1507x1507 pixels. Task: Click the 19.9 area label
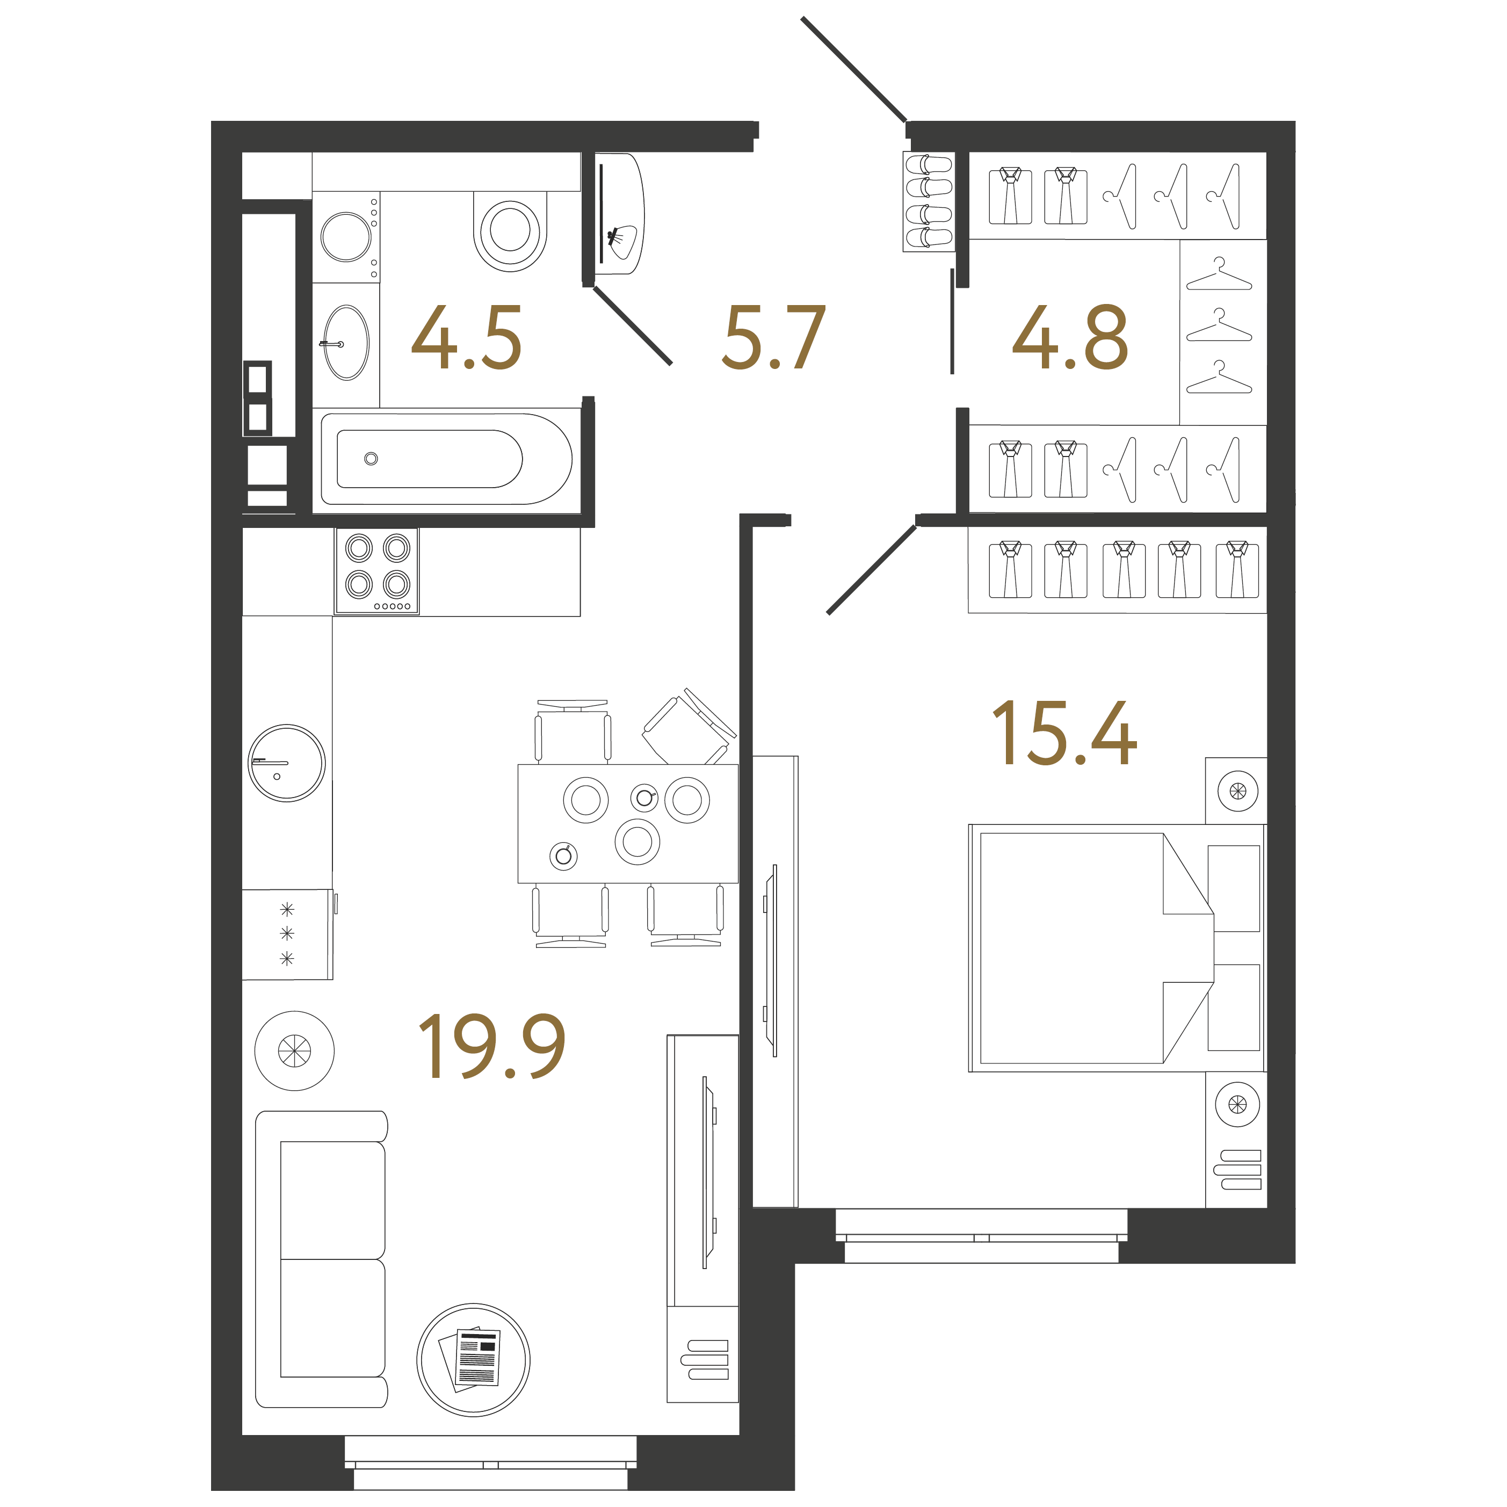point(491,1047)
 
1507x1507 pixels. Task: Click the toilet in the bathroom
point(510,231)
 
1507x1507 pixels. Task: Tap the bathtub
point(447,459)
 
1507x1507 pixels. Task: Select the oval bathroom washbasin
point(346,343)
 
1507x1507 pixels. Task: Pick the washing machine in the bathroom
point(346,236)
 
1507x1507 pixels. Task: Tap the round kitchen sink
point(286,763)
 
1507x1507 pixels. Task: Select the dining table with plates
point(628,824)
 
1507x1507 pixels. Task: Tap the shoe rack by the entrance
point(928,201)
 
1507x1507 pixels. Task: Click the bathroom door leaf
point(633,326)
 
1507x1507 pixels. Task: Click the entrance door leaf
point(854,69)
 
